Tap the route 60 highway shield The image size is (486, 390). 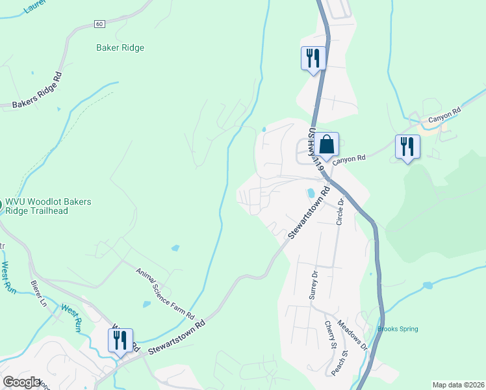point(99,24)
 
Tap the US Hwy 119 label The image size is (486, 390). point(316,149)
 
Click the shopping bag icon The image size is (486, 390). point(327,144)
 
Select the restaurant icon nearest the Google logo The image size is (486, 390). point(120,340)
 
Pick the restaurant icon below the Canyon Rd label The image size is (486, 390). point(407,146)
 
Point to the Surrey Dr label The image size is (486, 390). point(314,283)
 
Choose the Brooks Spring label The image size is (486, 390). point(398,329)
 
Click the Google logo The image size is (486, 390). point(21,383)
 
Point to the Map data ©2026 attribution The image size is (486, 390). point(458,385)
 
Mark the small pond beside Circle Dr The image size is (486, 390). point(311,193)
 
